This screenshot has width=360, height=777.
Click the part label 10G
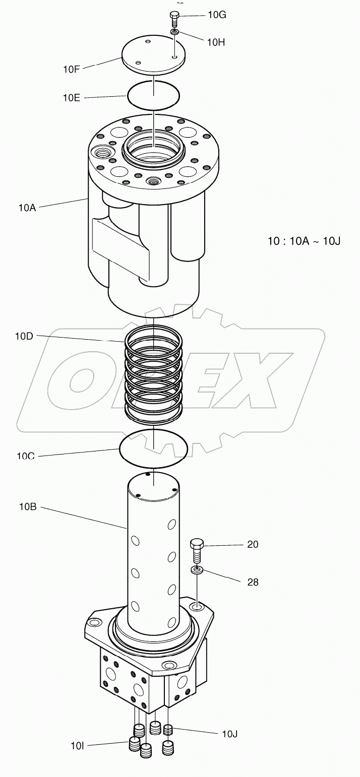pyautogui.click(x=217, y=15)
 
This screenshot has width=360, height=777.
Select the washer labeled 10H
pyautogui.click(x=174, y=32)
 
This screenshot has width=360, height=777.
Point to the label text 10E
pyautogui.click(x=71, y=98)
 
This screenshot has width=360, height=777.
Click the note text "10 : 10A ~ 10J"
pyautogui.click(x=304, y=241)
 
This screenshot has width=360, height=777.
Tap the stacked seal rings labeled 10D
pyautogui.click(x=153, y=372)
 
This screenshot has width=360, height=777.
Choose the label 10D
pyautogui.click(x=24, y=336)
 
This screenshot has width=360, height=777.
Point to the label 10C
pyautogui.click(x=26, y=457)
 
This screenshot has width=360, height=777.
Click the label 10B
pyautogui.click(x=28, y=507)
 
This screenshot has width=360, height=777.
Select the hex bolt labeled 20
pyautogui.click(x=197, y=551)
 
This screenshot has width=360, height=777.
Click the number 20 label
pyautogui.click(x=252, y=545)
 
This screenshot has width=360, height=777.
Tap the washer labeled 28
pyautogui.click(x=197, y=570)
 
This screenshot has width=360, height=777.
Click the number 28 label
pyautogui.click(x=252, y=582)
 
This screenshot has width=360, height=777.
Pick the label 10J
pyautogui.click(x=229, y=734)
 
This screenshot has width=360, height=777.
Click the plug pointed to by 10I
pyautogui.click(x=135, y=744)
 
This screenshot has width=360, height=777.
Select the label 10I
pyautogui.click(x=77, y=745)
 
